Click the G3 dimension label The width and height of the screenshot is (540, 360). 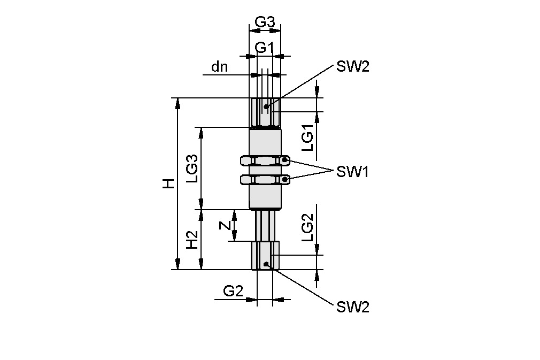click(x=265, y=22)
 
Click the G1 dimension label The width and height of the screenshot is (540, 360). click(x=265, y=48)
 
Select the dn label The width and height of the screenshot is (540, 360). click(x=219, y=67)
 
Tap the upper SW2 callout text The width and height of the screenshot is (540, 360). click(x=352, y=67)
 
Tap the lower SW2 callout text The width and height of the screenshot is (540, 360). click(x=352, y=307)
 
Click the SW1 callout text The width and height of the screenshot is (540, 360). click(x=352, y=172)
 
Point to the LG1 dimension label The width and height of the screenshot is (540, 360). click(x=307, y=138)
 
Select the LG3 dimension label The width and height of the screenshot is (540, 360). click(x=192, y=168)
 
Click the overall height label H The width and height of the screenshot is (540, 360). click(x=169, y=183)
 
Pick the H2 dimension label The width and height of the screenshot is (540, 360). click(x=192, y=240)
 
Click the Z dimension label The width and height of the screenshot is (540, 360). click(x=226, y=225)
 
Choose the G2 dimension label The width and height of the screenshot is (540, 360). click(x=233, y=291)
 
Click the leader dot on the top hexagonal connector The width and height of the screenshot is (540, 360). click(x=266, y=106)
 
